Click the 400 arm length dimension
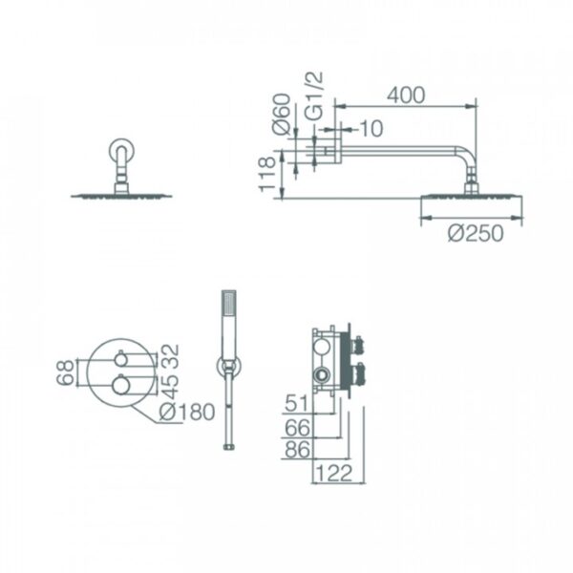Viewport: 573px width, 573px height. click(406, 95)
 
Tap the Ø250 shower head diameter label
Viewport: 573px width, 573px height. click(476, 233)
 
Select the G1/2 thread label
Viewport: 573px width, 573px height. click(314, 95)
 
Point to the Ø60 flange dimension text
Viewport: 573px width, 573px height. click(282, 114)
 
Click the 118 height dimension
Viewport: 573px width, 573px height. click(267, 174)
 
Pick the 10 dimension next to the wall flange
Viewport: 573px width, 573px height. click(371, 129)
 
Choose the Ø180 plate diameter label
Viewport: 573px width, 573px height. click(187, 412)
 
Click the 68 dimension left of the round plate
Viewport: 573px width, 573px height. click(65, 372)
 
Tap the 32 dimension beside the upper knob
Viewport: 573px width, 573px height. click(170, 355)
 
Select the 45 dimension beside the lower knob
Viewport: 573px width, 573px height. click(170, 387)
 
